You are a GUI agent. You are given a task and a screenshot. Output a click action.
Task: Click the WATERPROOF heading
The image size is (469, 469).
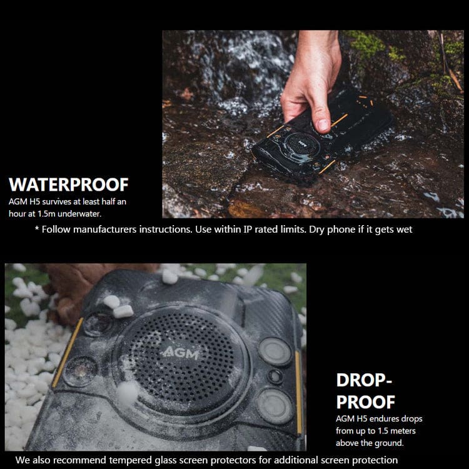tap(69, 184)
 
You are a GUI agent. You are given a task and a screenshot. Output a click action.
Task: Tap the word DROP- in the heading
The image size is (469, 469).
tap(364, 380)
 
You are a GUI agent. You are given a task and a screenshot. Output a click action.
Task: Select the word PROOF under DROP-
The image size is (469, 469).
tap(366, 402)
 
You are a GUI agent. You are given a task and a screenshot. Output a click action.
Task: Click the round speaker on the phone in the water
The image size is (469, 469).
tap(301, 146)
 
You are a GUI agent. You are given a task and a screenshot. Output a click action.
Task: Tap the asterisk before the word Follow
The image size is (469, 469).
tap(37, 229)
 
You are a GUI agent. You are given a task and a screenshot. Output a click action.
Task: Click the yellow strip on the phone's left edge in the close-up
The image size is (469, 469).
tap(68, 352)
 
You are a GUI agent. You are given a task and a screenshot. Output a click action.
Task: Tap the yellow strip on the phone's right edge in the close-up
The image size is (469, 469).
tap(298, 393)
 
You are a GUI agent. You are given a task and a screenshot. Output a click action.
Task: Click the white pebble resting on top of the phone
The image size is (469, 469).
tap(123, 311)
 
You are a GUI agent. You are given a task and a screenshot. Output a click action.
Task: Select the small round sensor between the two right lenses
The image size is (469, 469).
tap(276, 376)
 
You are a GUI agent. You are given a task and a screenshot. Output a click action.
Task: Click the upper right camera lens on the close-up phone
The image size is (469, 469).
tap(275, 351)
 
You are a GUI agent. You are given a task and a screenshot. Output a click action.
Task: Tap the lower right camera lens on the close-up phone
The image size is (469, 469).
tap(275, 406)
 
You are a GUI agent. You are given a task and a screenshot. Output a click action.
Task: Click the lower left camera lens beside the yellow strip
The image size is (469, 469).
tap(80, 371)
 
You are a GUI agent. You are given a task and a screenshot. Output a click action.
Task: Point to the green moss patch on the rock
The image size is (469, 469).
tap(366, 43)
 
